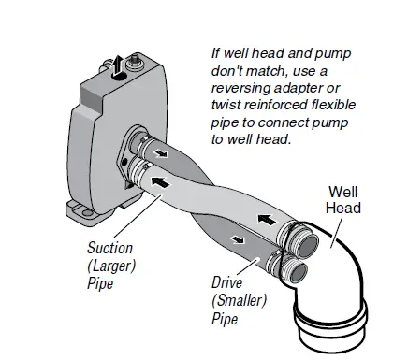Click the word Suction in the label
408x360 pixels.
coord(109,250)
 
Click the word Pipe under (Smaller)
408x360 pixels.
coord(224,320)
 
